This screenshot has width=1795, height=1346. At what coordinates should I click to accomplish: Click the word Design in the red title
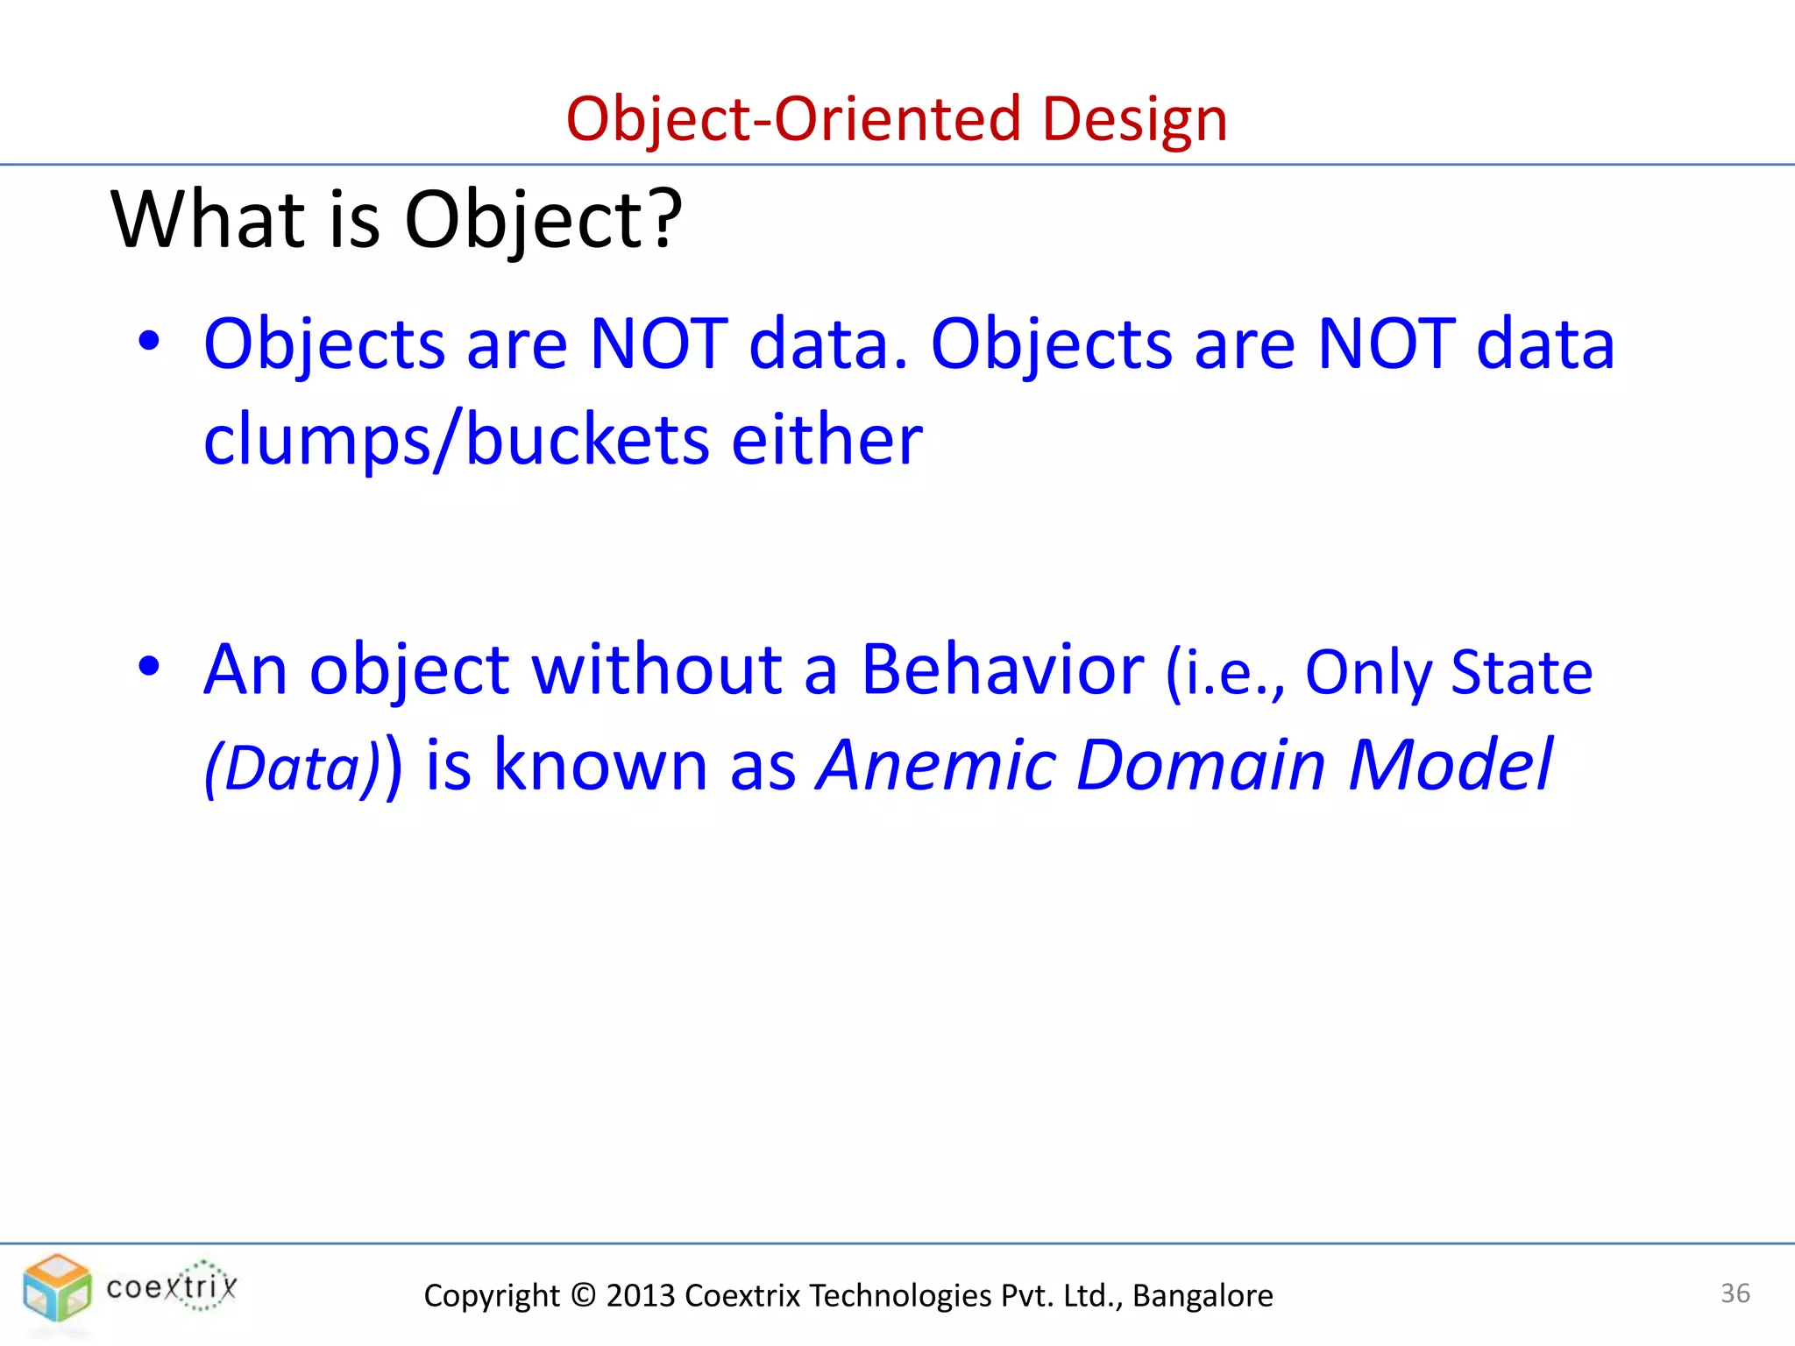[1134, 119]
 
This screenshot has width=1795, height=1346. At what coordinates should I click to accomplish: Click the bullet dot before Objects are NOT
[149, 343]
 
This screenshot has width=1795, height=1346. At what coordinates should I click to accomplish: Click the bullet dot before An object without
[149, 667]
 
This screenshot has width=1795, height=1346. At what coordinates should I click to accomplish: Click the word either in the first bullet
[827, 438]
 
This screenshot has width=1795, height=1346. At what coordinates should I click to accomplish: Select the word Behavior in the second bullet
[1002, 669]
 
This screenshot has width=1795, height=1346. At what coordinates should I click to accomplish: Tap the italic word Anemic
[936, 765]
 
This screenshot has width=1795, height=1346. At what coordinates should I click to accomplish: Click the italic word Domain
[1201, 765]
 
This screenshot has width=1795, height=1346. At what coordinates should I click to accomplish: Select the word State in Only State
[1522, 673]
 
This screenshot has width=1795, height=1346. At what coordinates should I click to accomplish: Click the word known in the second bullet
[600, 765]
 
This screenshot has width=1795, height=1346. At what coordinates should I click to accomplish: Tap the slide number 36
[1735, 1293]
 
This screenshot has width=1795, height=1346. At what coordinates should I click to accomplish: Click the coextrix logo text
[172, 1287]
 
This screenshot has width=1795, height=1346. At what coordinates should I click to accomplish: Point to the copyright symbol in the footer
[583, 1295]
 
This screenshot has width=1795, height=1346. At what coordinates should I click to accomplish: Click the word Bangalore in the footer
[1203, 1295]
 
